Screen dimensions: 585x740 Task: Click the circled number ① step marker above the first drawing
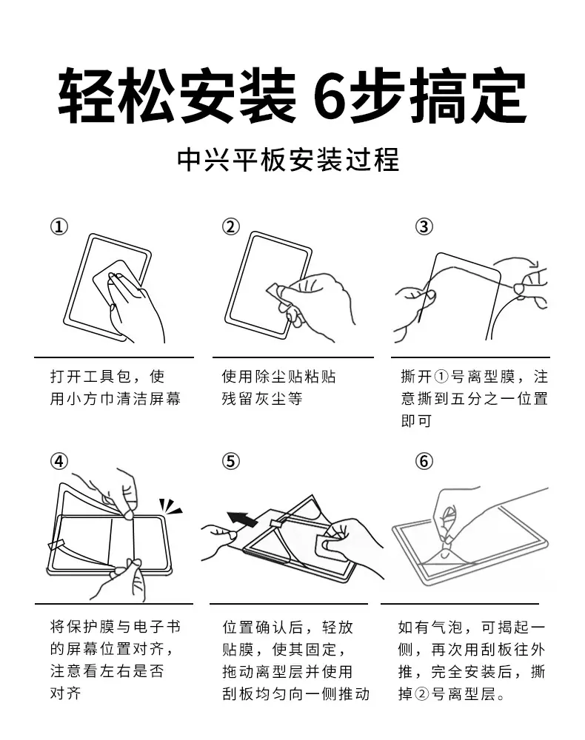click(x=59, y=227)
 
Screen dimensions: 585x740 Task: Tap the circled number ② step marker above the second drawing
click(x=231, y=227)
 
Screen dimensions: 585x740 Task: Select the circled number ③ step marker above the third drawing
click(x=424, y=227)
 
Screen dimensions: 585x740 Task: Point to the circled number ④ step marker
click(x=59, y=461)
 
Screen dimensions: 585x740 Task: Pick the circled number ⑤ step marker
click(x=231, y=461)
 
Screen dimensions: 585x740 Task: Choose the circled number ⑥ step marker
click(x=424, y=461)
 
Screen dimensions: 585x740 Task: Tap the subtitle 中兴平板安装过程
click(x=288, y=160)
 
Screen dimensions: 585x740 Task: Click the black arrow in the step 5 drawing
click(x=242, y=519)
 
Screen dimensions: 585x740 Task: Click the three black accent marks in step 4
click(x=170, y=506)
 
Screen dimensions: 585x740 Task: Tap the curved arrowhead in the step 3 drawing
click(x=534, y=263)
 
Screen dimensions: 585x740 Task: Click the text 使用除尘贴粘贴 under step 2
click(x=279, y=377)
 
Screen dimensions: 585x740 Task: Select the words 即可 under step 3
click(x=416, y=420)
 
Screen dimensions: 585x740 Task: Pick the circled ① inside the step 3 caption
click(x=441, y=377)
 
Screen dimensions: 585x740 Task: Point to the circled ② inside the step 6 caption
click(x=421, y=694)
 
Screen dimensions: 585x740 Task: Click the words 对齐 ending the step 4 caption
click(x=66, y=693)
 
